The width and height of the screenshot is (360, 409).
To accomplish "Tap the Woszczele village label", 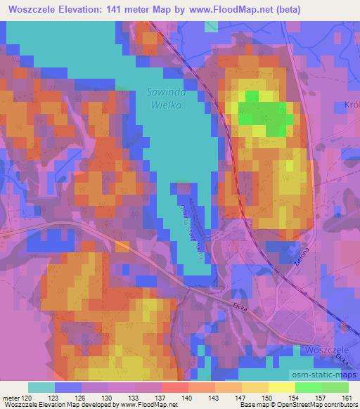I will click(328, 349).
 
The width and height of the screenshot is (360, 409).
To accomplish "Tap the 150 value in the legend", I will click(266, 397).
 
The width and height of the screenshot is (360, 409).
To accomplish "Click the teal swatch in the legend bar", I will click(41, 387).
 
